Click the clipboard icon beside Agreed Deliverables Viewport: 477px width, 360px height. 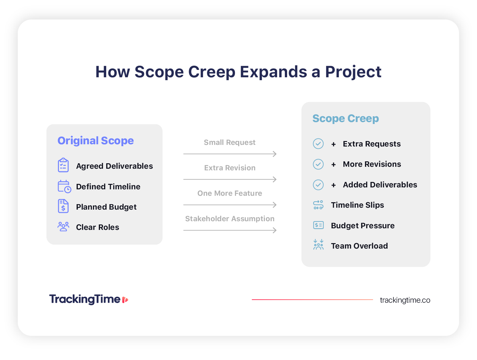pos(63,166)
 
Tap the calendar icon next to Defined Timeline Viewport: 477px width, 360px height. pos(64,186)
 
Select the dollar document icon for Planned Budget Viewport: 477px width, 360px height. pos(63,206)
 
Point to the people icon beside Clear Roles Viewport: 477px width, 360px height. pos(63,227)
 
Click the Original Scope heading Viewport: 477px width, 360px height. pos(96,141)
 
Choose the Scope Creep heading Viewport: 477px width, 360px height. pos(345,118)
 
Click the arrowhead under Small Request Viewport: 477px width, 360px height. pos(275,154)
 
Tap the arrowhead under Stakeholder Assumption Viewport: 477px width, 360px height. pos(275,230)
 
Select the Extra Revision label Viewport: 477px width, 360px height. pos(230,168)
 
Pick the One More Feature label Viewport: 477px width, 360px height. pos(230,193)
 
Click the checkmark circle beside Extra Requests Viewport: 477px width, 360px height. pos(318,144)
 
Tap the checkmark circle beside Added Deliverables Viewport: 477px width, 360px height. pos(318,185)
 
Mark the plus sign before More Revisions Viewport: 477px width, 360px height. pos(333,165)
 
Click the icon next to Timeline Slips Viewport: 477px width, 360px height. pos(318,205)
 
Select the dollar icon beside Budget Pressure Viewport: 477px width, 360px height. pos(318,225)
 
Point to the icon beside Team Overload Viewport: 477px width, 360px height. pos(318,245)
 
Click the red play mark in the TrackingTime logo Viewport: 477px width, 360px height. pos(125,300)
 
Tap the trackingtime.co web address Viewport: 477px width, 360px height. pos(405,300)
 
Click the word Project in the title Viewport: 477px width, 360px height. pos(353,72)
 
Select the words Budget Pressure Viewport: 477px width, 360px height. pos(363,226)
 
